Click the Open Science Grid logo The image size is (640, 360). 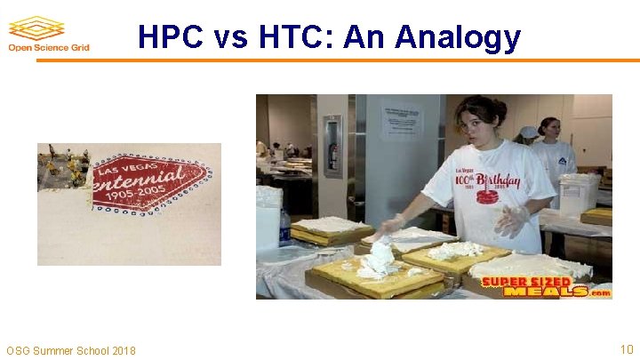43,35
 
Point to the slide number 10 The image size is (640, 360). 625,350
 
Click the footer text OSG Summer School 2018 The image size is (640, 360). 71,351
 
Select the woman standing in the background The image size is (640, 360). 553,147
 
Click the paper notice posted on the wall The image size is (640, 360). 402,121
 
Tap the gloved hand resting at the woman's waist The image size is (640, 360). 514,220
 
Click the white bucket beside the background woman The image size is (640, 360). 577,191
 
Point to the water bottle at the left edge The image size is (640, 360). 285,227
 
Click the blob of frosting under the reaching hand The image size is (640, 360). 380,259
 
